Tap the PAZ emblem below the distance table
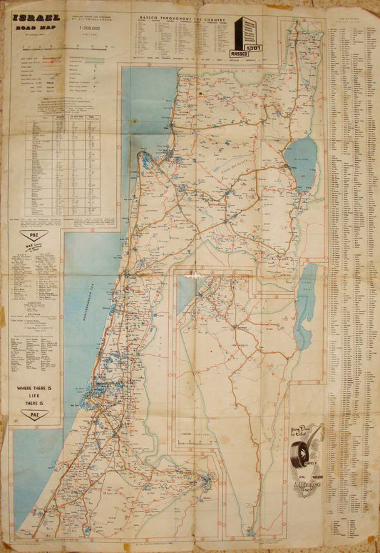[34, 234]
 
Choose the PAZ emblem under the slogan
[34, 414]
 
